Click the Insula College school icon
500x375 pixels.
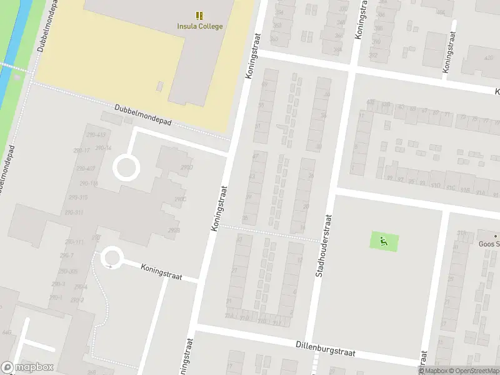coord(199,16)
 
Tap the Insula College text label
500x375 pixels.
coord(199,26)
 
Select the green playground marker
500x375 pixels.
coord(384,239)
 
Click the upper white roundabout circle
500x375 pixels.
coord(125,168)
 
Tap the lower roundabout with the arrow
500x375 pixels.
coord(111,258)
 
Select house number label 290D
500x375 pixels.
coord(186,167)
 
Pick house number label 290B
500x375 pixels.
coord(174,231)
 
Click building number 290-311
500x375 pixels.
coord(74,212)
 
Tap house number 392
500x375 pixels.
coord(374,55)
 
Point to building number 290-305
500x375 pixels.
coord(69,271)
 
